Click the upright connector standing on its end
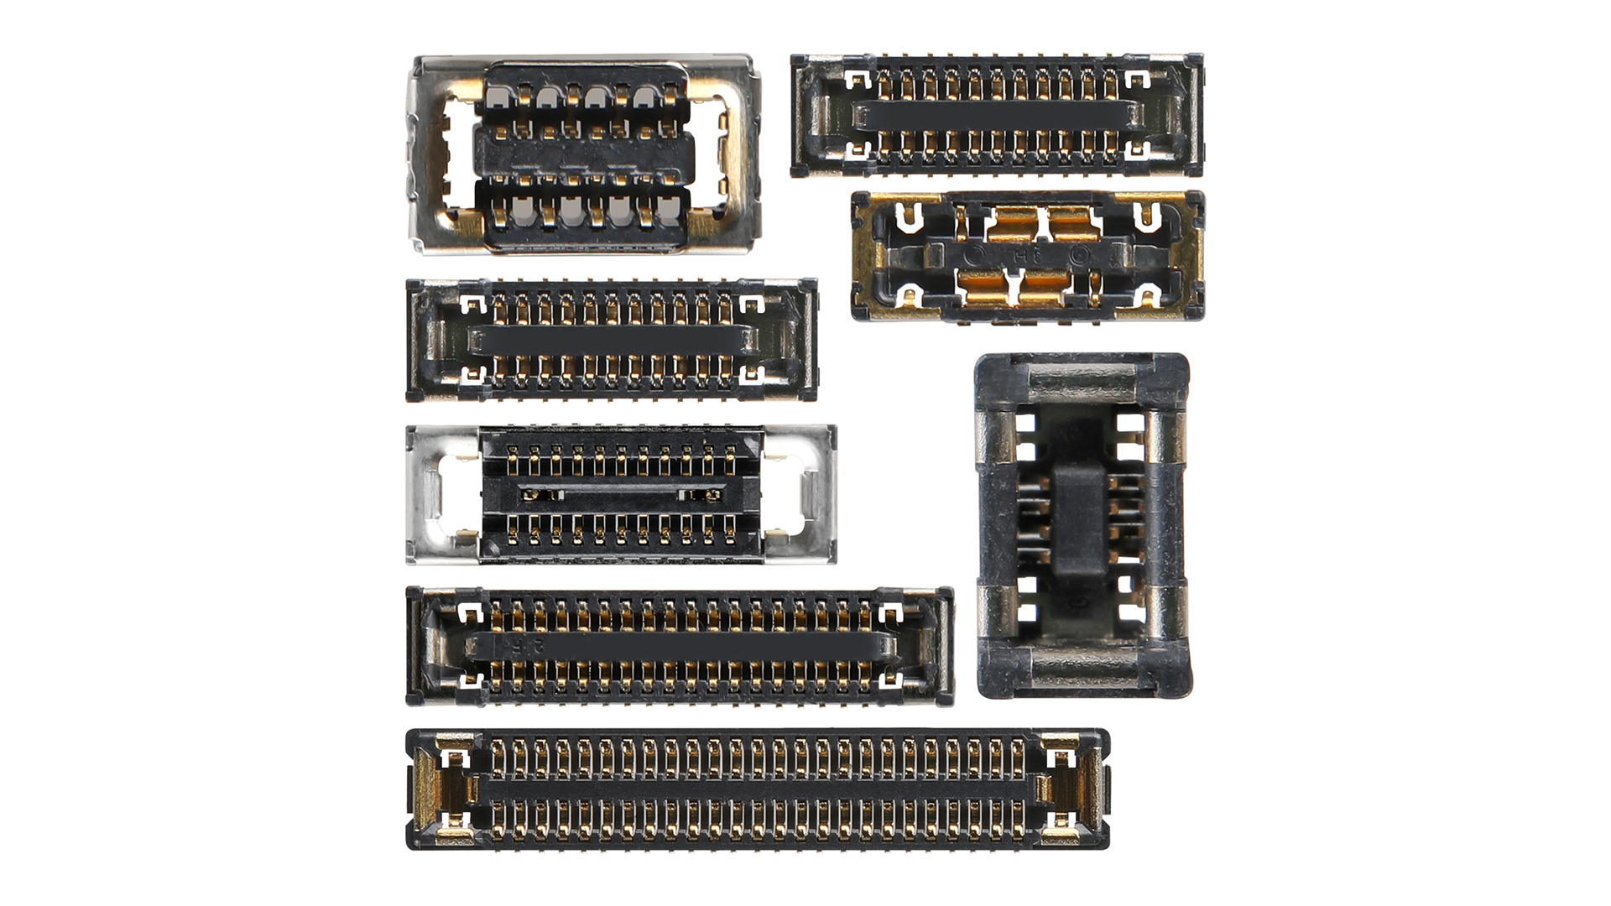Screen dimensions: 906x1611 pos(1082,527)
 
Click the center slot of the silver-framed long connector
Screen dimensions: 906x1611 pos(621,494)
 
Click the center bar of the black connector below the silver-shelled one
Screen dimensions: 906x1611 pos(613,339)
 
